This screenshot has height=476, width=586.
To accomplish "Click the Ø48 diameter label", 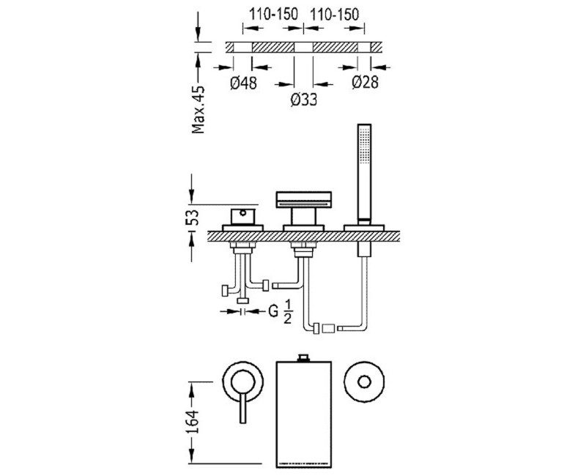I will point(242,83).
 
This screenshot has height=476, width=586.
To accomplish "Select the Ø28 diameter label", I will point(364,83).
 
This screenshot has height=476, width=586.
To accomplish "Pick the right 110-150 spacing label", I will point(335,15).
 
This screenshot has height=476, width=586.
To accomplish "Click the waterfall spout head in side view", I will point(303,199).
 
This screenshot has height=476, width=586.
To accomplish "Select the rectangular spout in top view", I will point(303,414).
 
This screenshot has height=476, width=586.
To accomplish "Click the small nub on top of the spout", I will point(303,357).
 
